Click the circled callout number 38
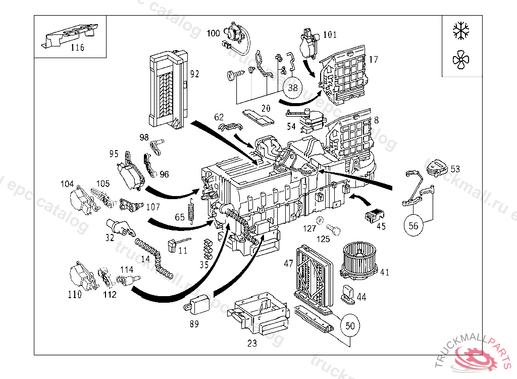(x=293, y=87)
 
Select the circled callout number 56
(x=413, y=226)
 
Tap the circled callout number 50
(x=350, y=325)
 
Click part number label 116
(x=77, y=48)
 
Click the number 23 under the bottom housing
(x=252, y=344)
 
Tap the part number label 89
(x=194, y=324)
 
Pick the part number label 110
(x=75, y=295)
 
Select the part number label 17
(x=373, y=60)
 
